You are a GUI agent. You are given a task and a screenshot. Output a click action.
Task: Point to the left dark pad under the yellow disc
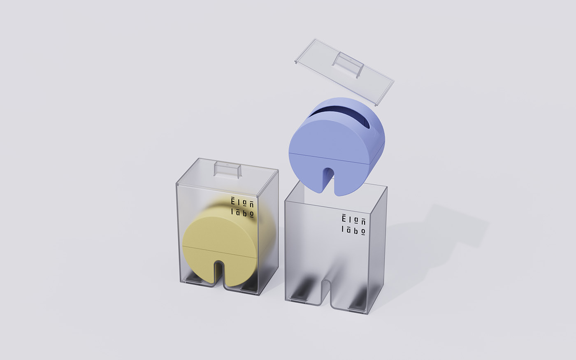click(193, 280)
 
